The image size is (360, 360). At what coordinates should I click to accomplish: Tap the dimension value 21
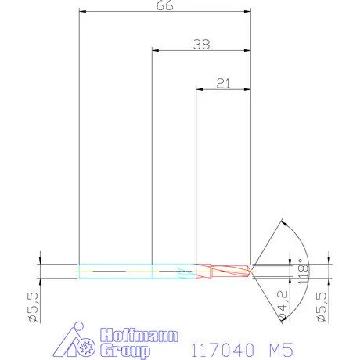click(x=223, y=83)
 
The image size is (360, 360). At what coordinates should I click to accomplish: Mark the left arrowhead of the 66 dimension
click(x=83, y=13)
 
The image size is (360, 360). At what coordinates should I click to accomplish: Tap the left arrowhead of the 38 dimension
click(x=155, y=51)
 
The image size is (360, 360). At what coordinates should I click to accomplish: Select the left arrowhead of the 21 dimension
click(x=199, y=89)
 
